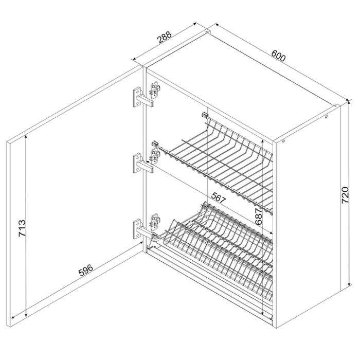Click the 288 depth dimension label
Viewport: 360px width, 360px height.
[165, 37]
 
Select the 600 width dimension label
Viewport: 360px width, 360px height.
[278, 56]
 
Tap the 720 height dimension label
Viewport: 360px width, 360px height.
[345, 195]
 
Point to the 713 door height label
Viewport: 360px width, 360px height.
[22, 228]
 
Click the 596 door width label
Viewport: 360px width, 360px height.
[86, 270]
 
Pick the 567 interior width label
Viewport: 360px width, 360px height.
[219, 197]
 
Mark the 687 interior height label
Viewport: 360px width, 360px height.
[258, 217]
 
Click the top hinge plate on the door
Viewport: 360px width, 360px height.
[137, 97]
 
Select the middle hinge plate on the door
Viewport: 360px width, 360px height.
[137, 163]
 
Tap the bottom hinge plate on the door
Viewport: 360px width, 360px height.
[137, 229]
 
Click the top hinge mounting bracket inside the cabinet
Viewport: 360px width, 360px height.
[155, 90]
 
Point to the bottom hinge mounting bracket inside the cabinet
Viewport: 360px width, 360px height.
[155, 222]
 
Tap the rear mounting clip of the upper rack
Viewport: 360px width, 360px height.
[205, 115]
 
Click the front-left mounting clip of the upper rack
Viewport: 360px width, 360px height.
[155, 144]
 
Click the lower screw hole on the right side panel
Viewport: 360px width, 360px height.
[283, 141]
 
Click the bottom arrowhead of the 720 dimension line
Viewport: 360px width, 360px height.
[349, 284]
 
